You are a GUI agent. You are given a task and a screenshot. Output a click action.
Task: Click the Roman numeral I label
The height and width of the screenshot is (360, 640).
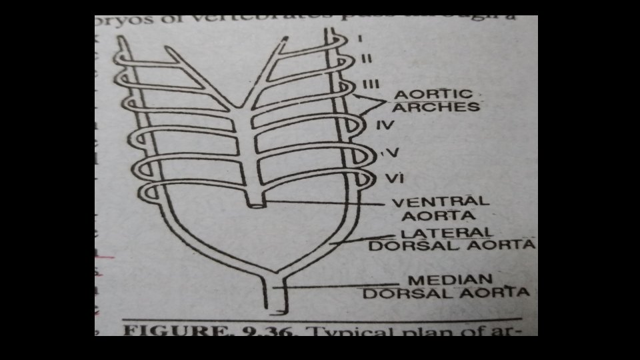click(x=360, y=39)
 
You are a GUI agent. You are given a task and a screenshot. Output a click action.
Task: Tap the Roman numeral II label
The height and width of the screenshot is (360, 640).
click(x=365, y=59)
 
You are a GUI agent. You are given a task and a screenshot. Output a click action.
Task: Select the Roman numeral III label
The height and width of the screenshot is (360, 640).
click(x=371, y=83)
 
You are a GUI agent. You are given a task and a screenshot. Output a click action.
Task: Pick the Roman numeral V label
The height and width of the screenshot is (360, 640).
click(x=392, y=153)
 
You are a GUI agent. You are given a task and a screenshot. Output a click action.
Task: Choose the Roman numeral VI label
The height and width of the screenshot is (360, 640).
click(x=392, y=179)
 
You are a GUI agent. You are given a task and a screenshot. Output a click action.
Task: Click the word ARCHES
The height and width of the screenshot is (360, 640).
click(x=437, y=107)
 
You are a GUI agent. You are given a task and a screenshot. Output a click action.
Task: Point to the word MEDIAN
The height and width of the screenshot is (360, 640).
click(x=451, y=280)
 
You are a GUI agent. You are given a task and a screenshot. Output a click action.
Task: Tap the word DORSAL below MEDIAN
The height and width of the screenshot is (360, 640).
click(x=401, y=293)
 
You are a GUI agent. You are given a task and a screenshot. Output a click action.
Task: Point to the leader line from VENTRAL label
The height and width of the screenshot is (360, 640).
click(x=327, y=201)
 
